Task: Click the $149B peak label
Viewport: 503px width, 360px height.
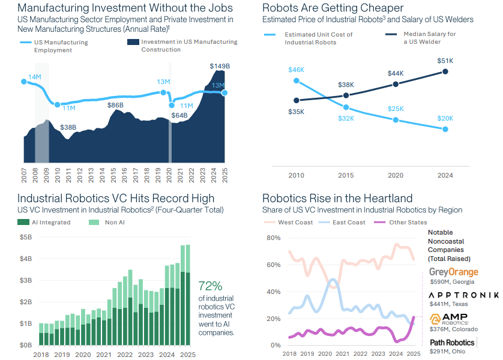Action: pyautogui.click(x=220, y=66)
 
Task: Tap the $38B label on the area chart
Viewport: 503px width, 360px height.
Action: pyautogui.click(x=68, y=127)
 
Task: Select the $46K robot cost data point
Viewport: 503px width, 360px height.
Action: pyautogui.click(x=297, y=81)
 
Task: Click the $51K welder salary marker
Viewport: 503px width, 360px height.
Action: pyautogui.click(x=445, y=71)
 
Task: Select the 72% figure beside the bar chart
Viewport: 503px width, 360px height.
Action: pyautogui.click(x=210, y=286)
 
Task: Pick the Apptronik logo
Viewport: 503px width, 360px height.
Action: pyautogui.click(x=463, y=295)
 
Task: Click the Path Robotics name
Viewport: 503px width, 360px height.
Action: pyautogui.click(x=452, y=343)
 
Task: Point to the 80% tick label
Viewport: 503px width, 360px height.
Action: pyautogui.click(x=273, y=238)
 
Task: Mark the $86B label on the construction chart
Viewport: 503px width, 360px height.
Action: pyautogui.click(x=115, y=106)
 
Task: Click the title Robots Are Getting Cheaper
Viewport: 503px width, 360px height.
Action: pyautogui.click(x=333, y=8)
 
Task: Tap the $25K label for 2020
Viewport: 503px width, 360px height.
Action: pyautogui.click(x=395, y=109)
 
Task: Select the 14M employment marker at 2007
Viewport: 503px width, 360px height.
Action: pyautogui.click(x=25, y=81)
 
